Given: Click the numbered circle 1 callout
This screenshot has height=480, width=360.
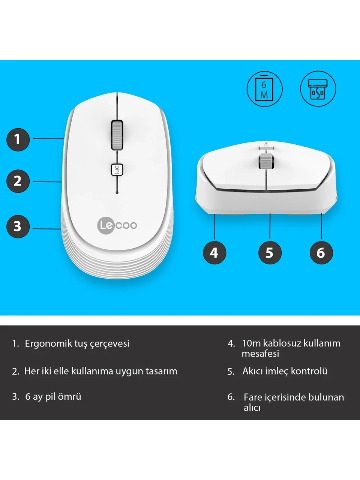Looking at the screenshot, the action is click(x=18, y=139).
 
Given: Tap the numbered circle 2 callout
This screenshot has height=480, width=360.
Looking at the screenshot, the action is click(x=18, y=181).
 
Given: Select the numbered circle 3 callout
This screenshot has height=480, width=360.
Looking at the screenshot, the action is click(x=18, y=226).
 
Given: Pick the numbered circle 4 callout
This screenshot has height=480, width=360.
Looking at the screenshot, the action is click(x=214, y=253).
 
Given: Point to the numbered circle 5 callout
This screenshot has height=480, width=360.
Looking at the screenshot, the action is click(x=270, y=253).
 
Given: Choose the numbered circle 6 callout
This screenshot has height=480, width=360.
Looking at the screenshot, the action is click(x=321, y=253).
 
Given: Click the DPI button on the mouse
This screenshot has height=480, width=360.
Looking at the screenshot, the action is click(x=117, y=169).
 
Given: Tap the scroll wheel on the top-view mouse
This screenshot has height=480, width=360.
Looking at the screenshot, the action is click(x=117, y=135).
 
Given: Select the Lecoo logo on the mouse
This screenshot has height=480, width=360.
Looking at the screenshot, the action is click(x=117, y=225).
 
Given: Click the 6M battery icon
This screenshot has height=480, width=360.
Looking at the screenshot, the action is click(x=264, y=89).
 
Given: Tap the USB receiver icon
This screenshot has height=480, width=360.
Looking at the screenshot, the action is click(x=318, y=89).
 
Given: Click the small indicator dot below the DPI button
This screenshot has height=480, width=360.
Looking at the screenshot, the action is click(x=117, y=192).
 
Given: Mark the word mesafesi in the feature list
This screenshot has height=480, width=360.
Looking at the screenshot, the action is click(x=260, y=354).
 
